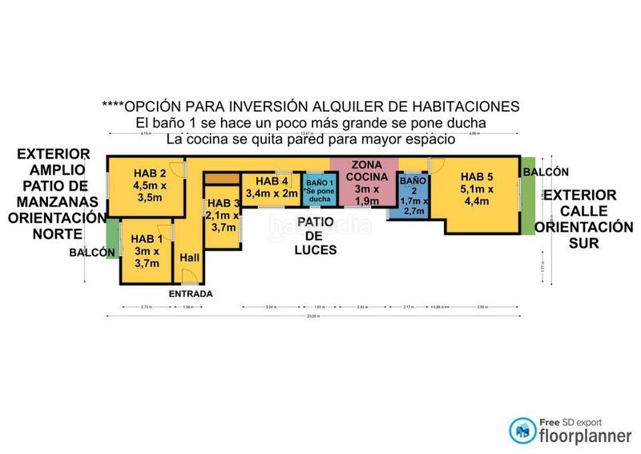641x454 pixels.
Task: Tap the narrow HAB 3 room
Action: [221, 215]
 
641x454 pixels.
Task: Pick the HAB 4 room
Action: [272, 188]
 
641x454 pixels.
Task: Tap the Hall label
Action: [190, 257]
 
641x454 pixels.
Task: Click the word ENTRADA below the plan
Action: [190, 294]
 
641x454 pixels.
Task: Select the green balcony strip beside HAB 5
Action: [527, 197]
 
